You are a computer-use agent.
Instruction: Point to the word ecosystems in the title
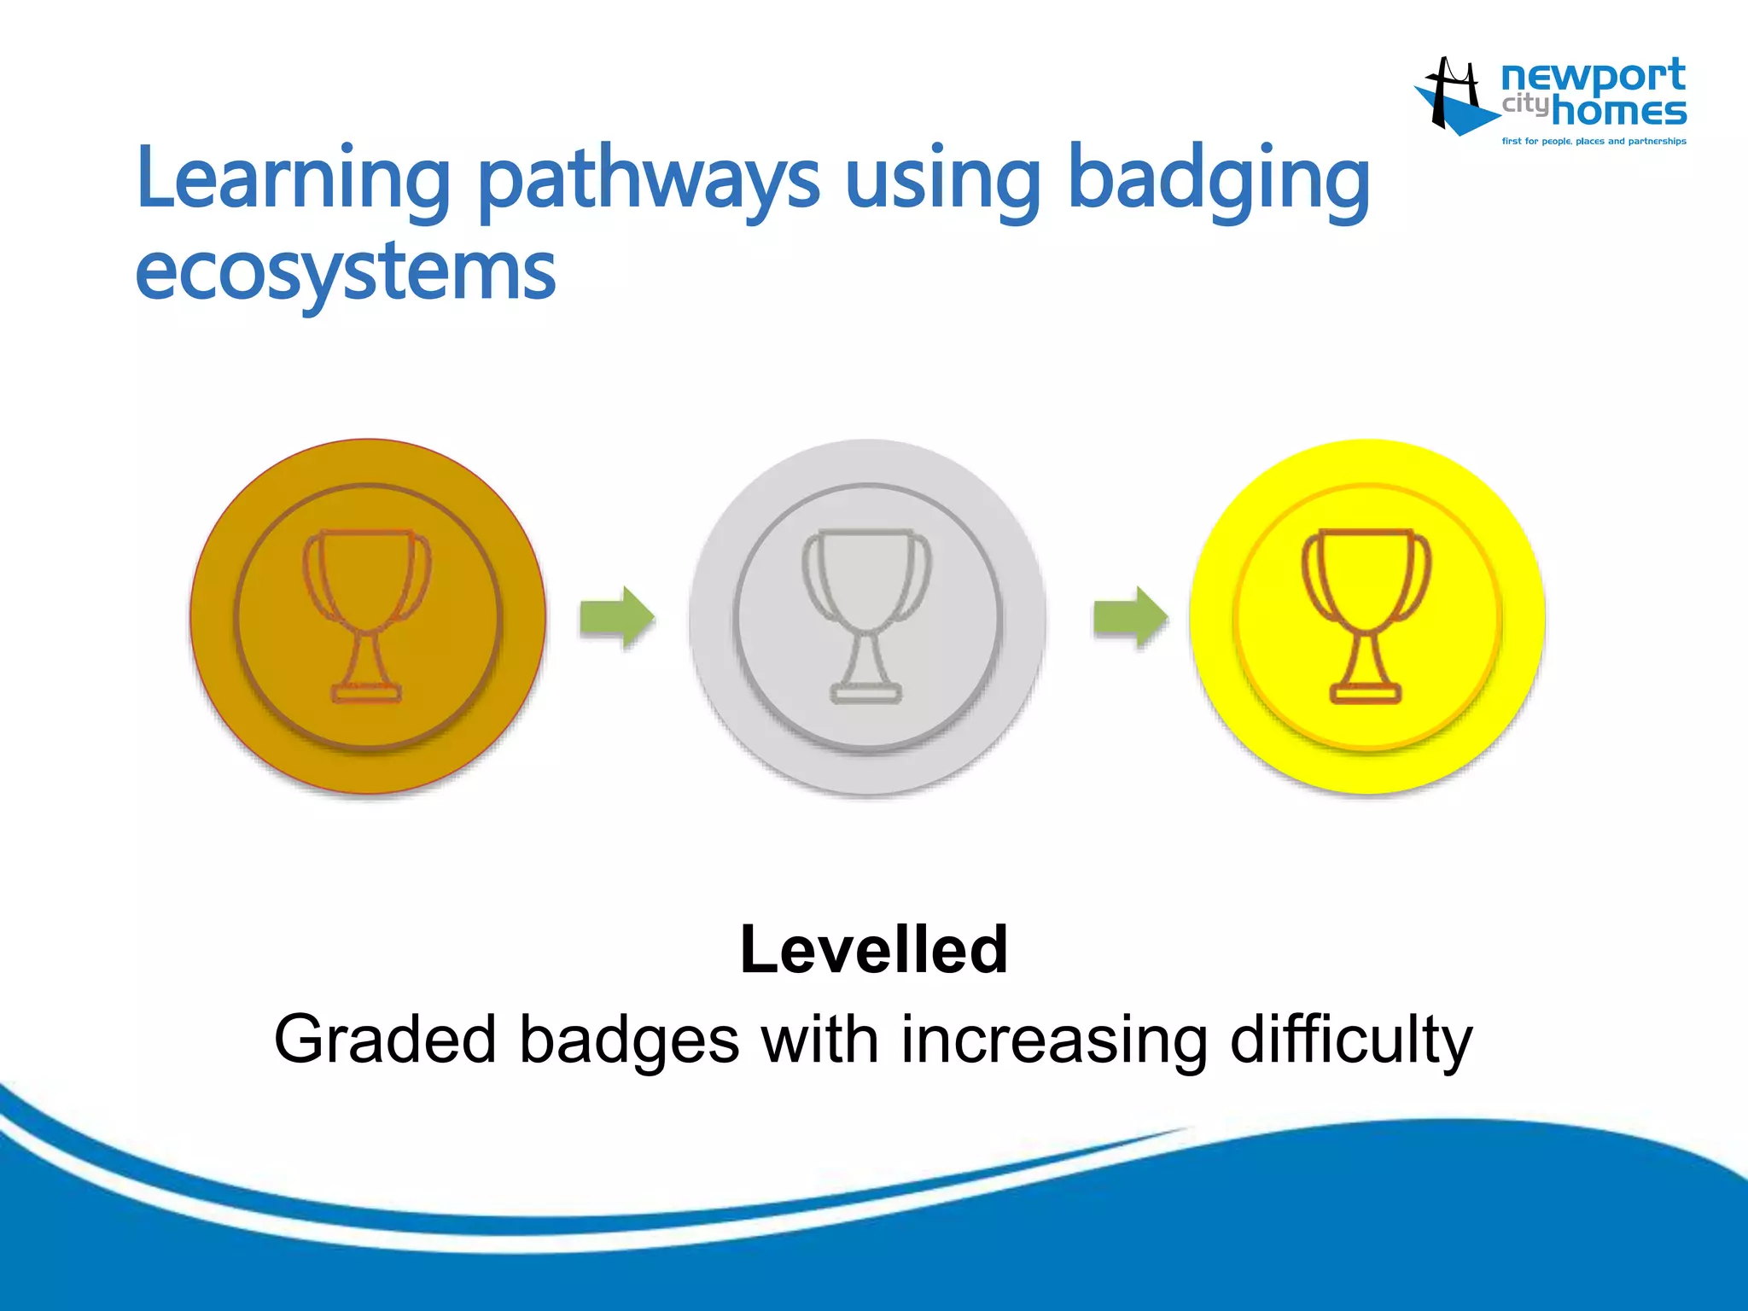(346, 273)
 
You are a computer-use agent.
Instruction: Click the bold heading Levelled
(874, 949)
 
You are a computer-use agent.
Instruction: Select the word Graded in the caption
(385, 1040)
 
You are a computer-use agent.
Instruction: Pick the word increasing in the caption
(1054, 1040)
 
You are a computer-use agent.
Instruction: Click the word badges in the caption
(629, 1040)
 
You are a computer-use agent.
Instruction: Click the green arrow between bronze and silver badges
(617, 616)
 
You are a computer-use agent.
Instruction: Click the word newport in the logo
(1593, 77)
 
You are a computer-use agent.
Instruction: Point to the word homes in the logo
(1618, 111)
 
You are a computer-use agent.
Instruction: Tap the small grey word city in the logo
(1524, 105)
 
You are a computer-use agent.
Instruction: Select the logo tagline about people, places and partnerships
(1594, 142)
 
